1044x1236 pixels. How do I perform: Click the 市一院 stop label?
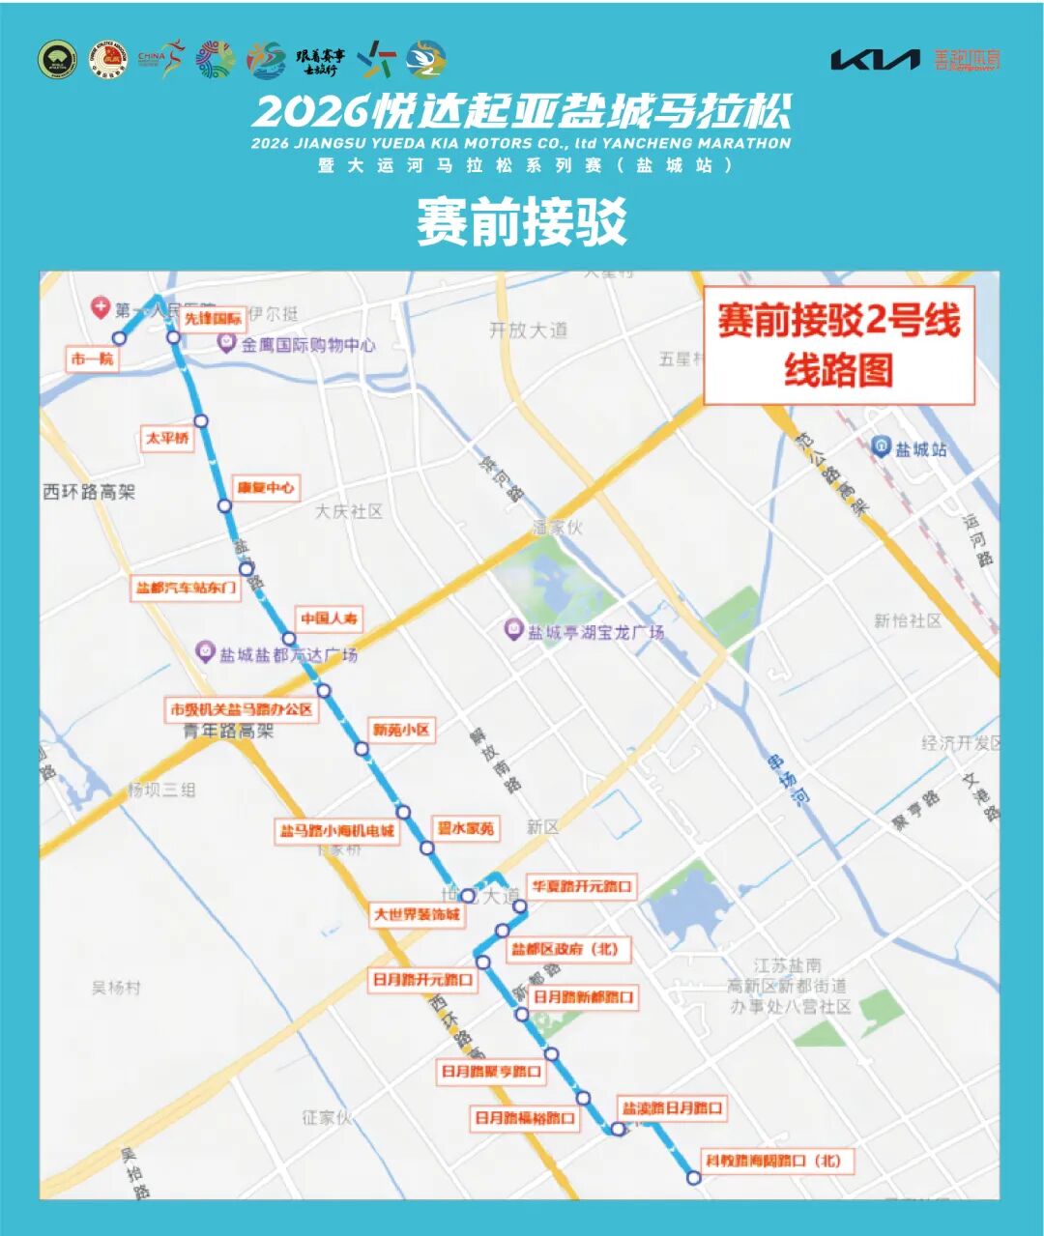[x=92, y=359]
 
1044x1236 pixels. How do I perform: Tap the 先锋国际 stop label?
[x=213, y=318]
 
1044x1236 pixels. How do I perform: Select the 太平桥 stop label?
[x=167, y=438]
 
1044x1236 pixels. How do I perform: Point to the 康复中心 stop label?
[x=266, y=487]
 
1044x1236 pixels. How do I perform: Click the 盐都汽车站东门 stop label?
[x=186, y=588]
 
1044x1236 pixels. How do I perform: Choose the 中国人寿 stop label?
[x=329, y=618]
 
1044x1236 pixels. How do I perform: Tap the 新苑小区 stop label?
[x=400, y=730]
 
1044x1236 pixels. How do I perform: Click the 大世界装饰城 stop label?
[x=418, y=913]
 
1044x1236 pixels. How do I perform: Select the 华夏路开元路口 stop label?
[x=581, y=885]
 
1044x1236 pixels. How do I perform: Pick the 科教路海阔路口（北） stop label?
[x=773, y=1160]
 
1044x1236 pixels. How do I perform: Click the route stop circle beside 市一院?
[x=120, y=337]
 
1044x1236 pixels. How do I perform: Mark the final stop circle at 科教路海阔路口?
[x=693, y=1177]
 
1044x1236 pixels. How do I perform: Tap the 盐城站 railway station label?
[x=920, y=448]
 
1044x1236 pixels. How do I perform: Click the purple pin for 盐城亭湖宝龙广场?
[x=514, y=630]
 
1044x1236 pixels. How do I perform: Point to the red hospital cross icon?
[x=100, y=307]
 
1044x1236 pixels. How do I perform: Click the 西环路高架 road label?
[x=89, y=492]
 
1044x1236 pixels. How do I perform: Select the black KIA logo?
[x=875, y=60]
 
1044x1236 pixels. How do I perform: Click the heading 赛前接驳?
[x=522, y=221]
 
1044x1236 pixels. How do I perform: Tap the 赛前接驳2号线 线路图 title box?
[x=838, y=345]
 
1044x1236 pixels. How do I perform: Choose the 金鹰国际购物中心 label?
[x=308, y=344]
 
